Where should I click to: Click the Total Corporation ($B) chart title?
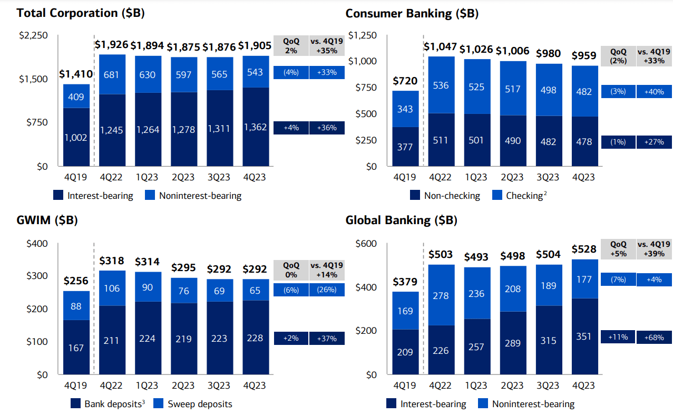tap(81, 13)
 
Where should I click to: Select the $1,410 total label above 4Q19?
tap(76, 74)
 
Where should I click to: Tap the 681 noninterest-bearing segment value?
tap(112, 74)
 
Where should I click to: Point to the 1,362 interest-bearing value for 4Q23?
tap(255, 127)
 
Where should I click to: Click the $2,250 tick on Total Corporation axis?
tap(33, 35)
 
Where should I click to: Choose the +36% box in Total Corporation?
tap(327, 128)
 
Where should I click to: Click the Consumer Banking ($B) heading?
tap(412, 14)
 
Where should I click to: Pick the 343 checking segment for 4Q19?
tap(405, 109)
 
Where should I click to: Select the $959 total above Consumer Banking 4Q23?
tap(585, 55)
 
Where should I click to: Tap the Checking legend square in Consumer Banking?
tap(496, 195)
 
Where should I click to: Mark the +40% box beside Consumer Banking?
tap(654, 91)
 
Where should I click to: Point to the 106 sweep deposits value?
tap(112, 288)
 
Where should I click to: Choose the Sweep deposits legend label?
tap(200, 404)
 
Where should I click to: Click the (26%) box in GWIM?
tap(327, 290)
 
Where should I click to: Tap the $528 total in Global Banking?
tap(585, 249)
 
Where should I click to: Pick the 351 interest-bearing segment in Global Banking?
tap(584, 336)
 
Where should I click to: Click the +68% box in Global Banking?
tap(654, 337)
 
